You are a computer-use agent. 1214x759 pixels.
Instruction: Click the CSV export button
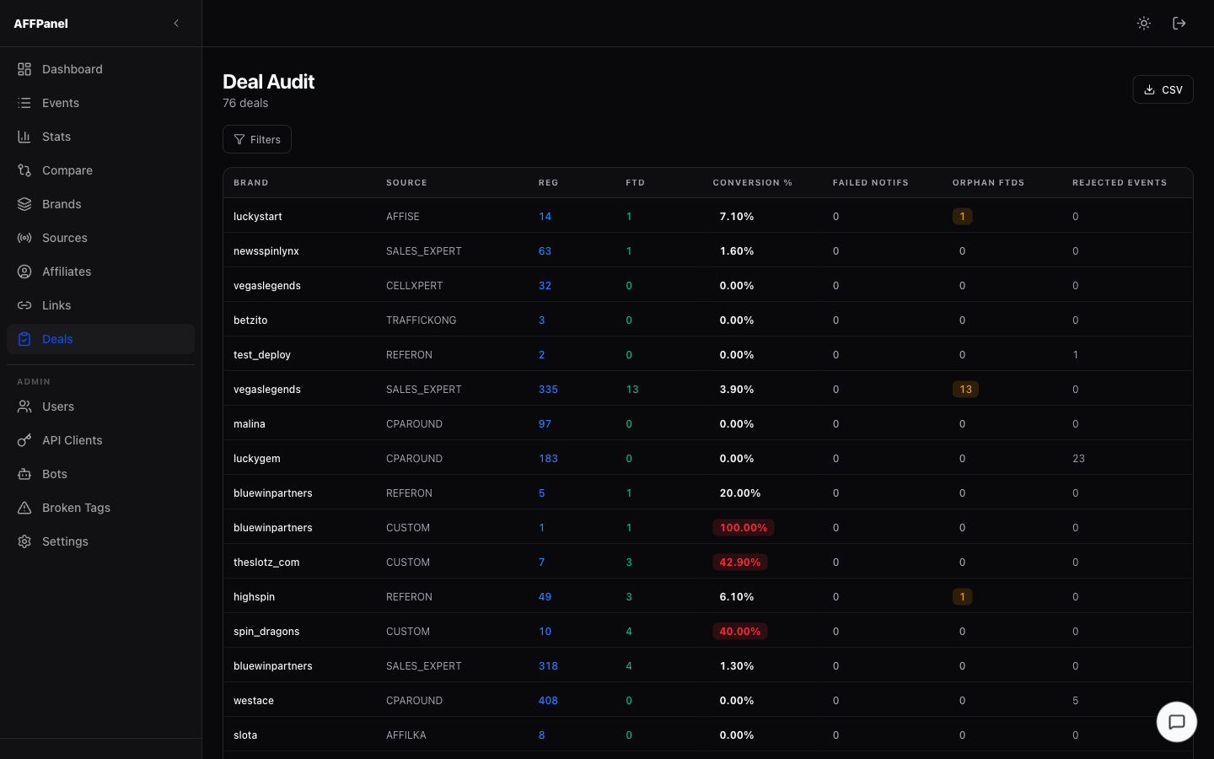pyautogui.click(x=1163, y=89)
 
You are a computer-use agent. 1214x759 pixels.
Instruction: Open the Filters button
pyautogui.click(x=257, y=139)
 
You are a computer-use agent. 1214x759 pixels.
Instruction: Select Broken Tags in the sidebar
pyautogui.click(x=76, y=508)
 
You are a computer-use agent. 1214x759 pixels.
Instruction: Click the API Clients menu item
pyautogui.click(x=72, y=440)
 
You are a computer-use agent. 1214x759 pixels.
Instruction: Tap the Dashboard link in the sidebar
pyautogui.click(x=72, y=69)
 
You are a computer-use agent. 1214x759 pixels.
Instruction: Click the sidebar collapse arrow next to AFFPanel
pyautogui.click(x=176, y=24)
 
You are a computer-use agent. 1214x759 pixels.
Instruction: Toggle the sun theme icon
pyautogui.click(x=1144, y=24)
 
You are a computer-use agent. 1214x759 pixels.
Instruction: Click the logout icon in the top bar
pyautogui.click(x=1179, y=24)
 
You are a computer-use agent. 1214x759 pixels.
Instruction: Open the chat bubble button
pyautogui.click(x=1176, y=722)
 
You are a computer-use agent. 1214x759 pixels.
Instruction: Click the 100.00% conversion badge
pyautogui.click(x=743, y=528)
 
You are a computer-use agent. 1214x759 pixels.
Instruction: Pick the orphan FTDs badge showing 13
pyautogui.click(x=965, y=390)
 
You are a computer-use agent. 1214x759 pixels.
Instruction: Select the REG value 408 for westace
pyautogui.click(x=548, y=701)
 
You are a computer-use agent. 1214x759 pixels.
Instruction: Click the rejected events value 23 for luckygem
pyautogui.click(x=1078, y=459)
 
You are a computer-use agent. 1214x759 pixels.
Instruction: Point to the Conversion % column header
pyautogui.click(x=752, y=183)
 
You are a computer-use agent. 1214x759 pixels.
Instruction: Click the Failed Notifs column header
pyautogui.click(x=870, y=183)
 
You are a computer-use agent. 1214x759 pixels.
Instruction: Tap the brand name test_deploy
pyautogui.click(x=262, y=355)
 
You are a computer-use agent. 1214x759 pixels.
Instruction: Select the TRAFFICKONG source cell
pyautogui.click(x=421, y=320)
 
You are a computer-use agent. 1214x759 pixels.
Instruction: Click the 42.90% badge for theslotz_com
pyautogui.click(x=739, y=563)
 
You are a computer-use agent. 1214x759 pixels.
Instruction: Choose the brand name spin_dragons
pyautogui.click(x=266, y=632)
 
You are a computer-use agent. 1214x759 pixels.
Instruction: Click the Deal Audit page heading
pyautogui.click(x=268, y=82)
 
